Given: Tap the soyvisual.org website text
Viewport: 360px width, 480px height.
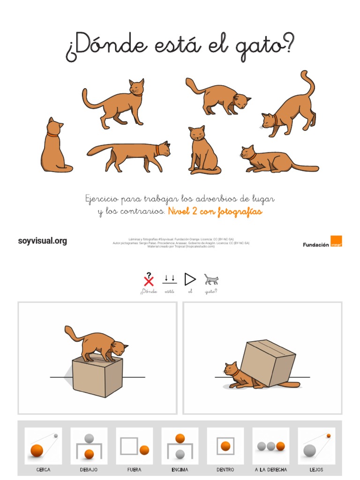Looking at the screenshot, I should tap(42, 241).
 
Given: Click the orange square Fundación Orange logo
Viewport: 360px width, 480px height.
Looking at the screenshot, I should tap(336, 241).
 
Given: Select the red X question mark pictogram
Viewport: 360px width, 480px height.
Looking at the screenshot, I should tap(149, 280).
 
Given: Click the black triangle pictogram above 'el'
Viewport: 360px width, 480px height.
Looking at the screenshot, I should tap(190, 279).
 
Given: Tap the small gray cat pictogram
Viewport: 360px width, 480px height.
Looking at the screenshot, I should tap(211, 280).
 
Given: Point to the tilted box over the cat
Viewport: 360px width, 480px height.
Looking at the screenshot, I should tap(268, 362).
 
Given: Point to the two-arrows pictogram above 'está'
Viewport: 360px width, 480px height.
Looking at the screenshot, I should tap(169, 280).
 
